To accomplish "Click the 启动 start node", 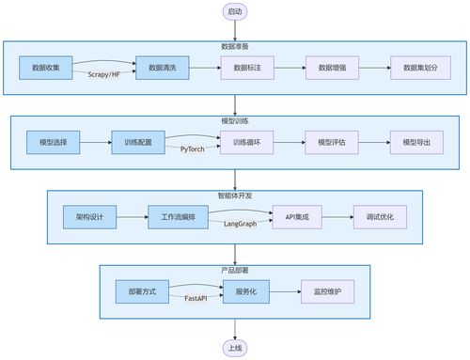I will [234, 12].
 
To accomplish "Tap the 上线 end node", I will [234, 348].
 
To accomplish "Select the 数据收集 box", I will [45, 68].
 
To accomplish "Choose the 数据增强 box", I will [332, 68].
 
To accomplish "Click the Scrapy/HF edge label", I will [104, 74].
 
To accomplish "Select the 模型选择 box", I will [54, 142].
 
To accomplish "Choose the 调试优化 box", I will [379, 217].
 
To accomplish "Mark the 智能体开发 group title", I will [234, 196].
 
